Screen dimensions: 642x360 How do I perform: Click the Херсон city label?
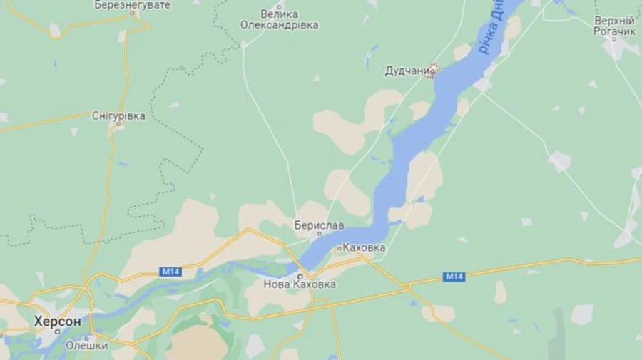pos(57,322)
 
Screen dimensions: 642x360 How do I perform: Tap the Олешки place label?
pos(86,346)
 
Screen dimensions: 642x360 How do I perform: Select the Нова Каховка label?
pos(300,284)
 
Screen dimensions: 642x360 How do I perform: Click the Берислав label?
pos(319,225)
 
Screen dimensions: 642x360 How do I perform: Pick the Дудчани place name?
pos(407,71)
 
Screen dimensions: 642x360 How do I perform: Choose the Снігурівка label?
pos(118,115)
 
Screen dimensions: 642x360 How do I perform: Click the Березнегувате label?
pos(133,5)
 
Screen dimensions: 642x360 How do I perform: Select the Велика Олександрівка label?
pos(279,19)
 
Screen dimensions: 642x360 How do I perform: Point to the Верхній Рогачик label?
pos(614,26)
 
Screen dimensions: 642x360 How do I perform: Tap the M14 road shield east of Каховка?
pos(454,276)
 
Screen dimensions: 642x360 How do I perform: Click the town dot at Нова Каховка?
pos(300,275)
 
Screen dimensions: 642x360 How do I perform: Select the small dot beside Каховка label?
pos(338,248)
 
